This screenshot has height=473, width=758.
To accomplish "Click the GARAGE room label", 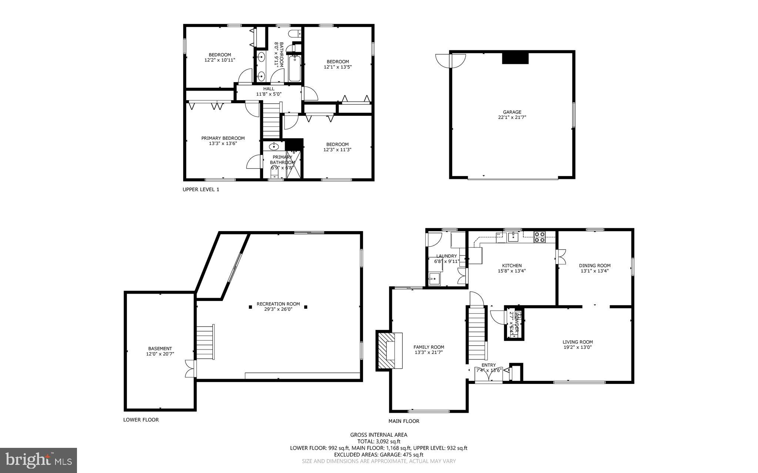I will (x=512, y=112).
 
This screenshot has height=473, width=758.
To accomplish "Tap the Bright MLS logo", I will (x=38, y=460).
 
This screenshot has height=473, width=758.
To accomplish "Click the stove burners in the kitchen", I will (x=539, y=237).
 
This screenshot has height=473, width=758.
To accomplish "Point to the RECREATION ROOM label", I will (x=278, y=304).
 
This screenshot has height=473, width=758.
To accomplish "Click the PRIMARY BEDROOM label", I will (x=223, y=138).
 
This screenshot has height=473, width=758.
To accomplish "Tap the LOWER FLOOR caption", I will (x=141, y=420).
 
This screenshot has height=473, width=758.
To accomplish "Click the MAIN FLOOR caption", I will (x=404, y=421).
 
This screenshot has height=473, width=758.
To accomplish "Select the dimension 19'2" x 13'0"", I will (x=577, y=347).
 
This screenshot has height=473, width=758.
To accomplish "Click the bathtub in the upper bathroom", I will (x=295, y=68).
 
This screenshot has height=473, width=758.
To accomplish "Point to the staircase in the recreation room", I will (x=205, y=342).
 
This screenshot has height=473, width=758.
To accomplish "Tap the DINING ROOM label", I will (x=594, y=266).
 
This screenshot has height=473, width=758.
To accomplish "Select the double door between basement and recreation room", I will (x=190, y=369).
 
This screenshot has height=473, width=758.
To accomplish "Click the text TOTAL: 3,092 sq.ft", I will (x=379, y=441).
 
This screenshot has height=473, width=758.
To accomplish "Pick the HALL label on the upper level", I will (x=269, y=89).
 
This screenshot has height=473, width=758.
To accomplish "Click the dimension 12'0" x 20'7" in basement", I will (x=160, y=354).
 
